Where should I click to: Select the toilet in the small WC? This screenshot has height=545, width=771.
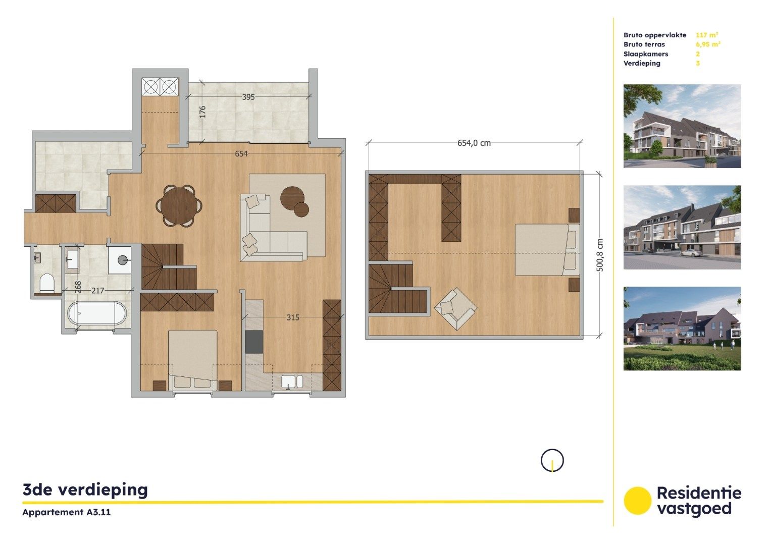[47, 283]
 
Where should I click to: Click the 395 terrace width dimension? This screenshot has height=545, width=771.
[248, 97]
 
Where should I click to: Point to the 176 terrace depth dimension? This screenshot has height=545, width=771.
[202, 112]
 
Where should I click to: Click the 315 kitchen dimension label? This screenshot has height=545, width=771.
[293, 317]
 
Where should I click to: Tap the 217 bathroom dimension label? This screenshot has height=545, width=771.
[98, 291]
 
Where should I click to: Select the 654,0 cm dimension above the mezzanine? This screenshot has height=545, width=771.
[474, 143]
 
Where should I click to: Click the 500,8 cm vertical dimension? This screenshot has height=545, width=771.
[600, 255]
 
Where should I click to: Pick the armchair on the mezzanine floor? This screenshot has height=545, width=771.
[455, 308]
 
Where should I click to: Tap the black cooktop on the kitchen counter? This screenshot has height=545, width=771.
[254, 342]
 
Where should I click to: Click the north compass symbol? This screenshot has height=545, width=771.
[552, 460]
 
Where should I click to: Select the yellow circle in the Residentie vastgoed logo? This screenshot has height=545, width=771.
[638, 501]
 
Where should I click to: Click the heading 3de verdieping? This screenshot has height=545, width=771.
[85, 489]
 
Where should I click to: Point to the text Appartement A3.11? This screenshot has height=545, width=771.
[67, 512]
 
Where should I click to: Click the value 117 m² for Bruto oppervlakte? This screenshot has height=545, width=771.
[707, 35]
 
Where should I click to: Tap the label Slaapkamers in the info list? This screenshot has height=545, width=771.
[646, 54]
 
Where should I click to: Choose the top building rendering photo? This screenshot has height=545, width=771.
[682, 126]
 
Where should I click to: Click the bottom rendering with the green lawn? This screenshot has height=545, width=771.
[682, 329]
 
